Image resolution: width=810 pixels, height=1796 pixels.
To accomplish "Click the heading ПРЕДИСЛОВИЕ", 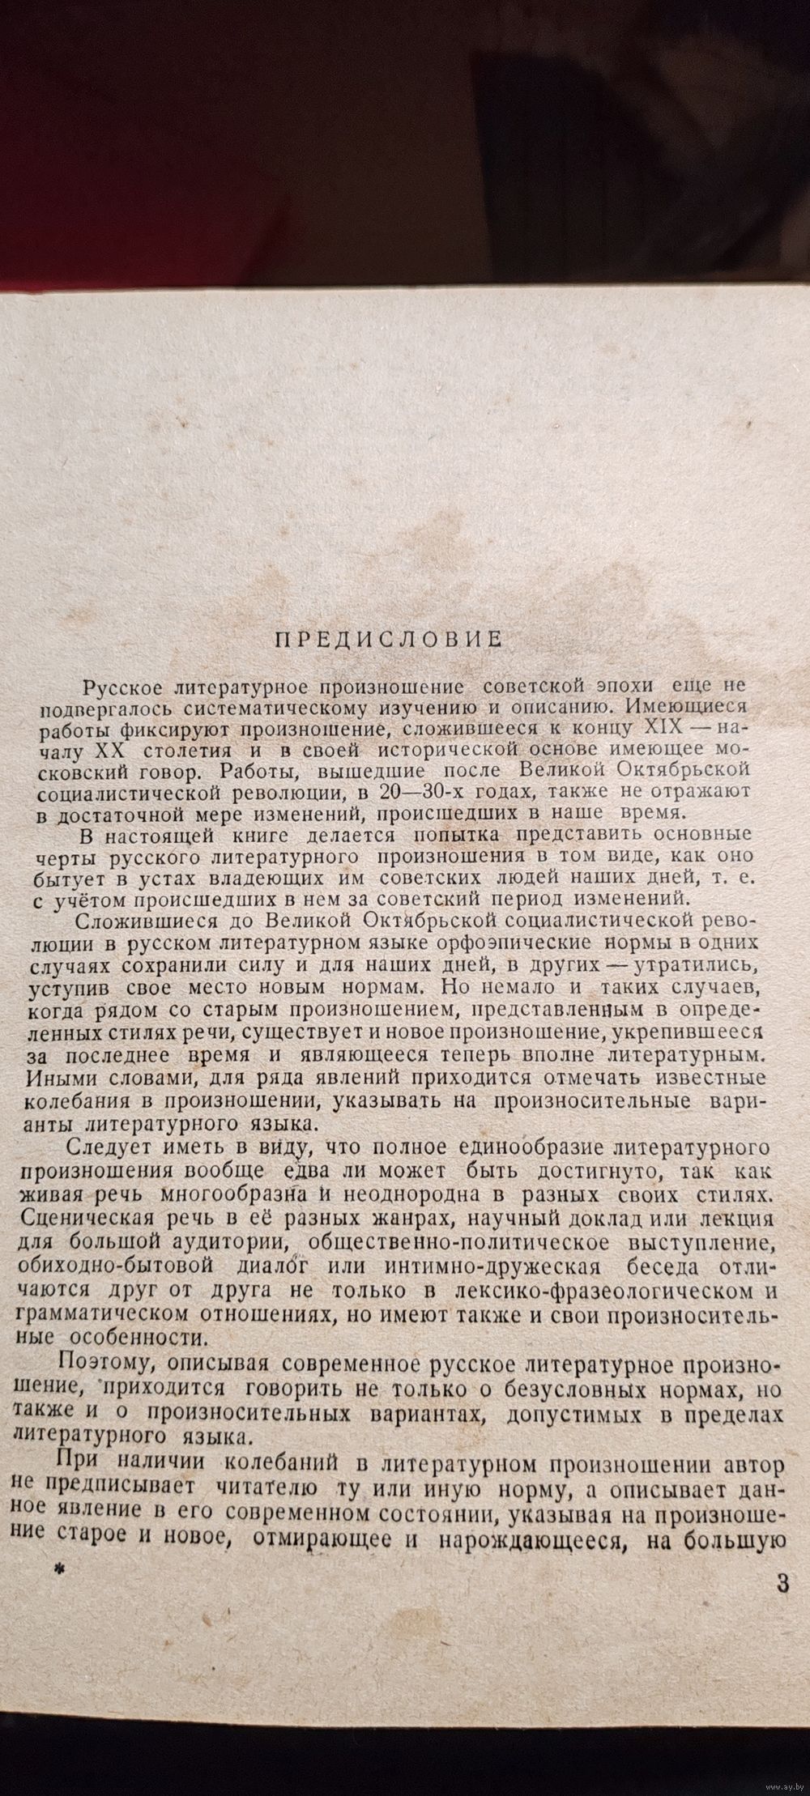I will click(x=389, y=638).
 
